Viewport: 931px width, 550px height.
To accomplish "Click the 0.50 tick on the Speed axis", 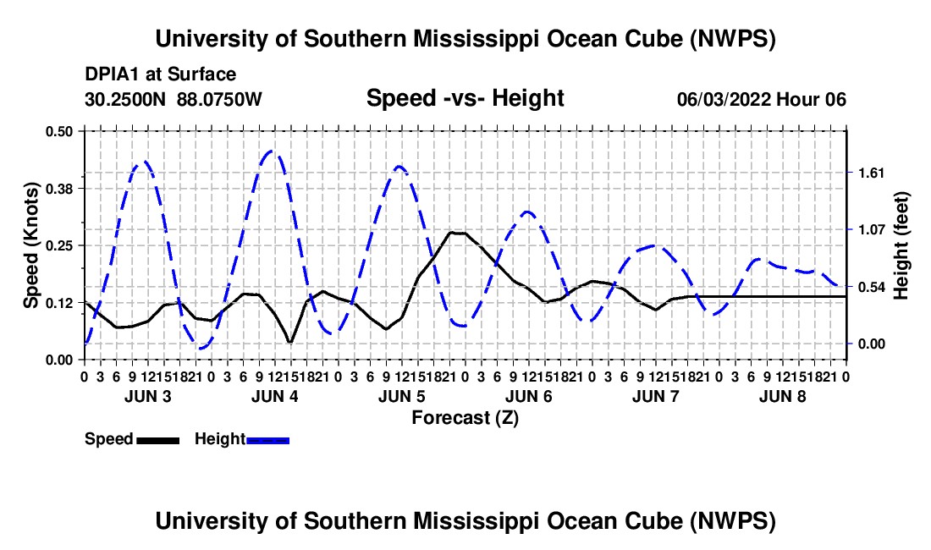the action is [59, 132].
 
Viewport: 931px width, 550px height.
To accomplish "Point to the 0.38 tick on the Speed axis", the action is [59, 189].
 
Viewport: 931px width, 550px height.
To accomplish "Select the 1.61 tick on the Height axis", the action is [871, 173].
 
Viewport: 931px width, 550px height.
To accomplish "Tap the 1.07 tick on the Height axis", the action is [871, 229].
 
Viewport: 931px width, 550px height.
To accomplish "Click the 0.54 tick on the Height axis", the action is [871, 287].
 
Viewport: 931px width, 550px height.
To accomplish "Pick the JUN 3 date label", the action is [148, 396].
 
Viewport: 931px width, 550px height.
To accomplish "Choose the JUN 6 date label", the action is [528, 396].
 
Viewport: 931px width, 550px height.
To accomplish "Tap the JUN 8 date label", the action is [783, 396].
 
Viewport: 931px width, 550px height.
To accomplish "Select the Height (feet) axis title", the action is [901, 245].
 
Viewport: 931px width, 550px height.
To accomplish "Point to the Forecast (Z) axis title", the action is [465, 418].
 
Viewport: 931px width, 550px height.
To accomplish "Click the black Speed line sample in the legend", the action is [158, 440].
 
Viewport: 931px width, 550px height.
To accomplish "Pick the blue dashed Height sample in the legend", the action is [267, 440].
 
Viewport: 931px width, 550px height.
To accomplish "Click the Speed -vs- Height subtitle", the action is [465, 98].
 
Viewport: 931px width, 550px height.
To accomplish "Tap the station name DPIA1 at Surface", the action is [160, 74].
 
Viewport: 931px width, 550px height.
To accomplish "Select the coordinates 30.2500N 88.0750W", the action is [173, 99].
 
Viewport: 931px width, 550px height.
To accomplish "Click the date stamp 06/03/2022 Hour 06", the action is [761, 99].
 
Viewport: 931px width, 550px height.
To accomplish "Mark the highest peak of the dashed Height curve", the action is [272, 151].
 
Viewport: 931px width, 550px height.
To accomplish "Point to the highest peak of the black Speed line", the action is [456, 233].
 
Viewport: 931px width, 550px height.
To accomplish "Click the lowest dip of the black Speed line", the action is [289, 343].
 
